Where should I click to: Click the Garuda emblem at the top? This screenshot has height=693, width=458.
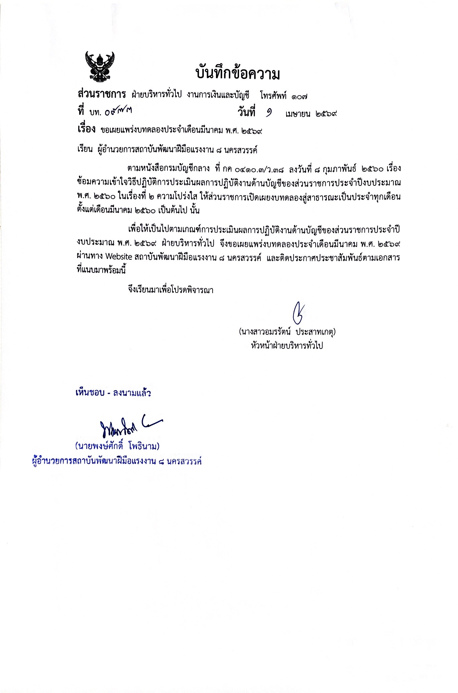100,67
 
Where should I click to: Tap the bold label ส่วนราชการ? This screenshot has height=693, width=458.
101,94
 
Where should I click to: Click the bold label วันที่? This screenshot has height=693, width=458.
246,113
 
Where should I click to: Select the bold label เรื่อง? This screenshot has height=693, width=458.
87,130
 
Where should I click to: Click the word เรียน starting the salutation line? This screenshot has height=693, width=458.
85,149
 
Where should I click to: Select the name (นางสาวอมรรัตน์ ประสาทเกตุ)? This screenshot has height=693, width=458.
287,332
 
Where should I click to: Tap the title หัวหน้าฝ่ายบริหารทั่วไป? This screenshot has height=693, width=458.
287,346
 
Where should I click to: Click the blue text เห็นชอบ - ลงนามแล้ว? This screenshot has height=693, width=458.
113,393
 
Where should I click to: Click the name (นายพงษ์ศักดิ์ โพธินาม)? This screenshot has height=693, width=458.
117,446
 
